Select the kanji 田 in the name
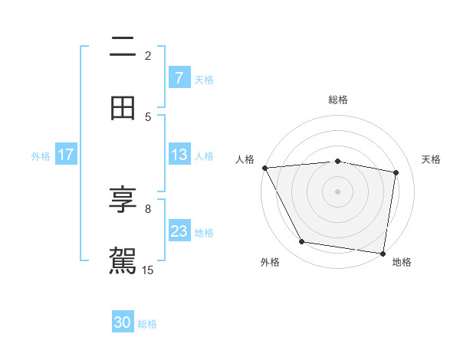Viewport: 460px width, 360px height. (x=123, y=108)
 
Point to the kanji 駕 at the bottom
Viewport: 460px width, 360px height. (x=123, y=260)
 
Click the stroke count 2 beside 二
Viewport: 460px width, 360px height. (x=148, y=55)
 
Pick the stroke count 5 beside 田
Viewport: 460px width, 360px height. (x=148, y=116)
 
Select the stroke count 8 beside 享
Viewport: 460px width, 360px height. (x=148, y=208)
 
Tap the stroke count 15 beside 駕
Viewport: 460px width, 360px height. (x=148, y=270)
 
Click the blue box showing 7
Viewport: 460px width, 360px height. (x=179, y=78)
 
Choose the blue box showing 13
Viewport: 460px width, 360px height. (x=179, y=155)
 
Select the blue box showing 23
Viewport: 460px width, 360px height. (x=179, y=231)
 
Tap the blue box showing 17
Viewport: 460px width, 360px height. (x=66, y=155)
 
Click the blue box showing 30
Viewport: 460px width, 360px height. (x=123, y=323)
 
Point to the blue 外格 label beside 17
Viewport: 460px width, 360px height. (x=41, y=155)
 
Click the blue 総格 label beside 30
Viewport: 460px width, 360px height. (x=147, y=324)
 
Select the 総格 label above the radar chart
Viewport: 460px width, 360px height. (x=338, y=100)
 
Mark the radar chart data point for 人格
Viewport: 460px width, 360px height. (x=264, y=168)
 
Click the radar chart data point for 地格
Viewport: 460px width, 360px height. (x=383, y=253)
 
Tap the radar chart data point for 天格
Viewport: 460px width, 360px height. (x=396, y=172)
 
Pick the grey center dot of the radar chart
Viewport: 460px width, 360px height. (x=337, y=191)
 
